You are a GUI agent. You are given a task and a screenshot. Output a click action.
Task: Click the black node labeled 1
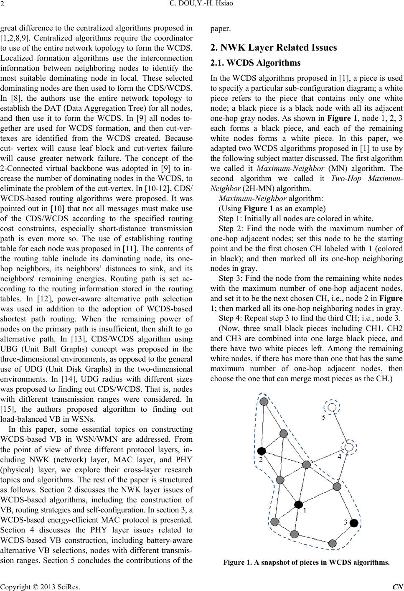point(298,504)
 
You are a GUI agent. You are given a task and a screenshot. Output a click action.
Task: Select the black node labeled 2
point(262,451)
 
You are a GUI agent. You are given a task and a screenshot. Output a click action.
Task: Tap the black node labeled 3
point(353,522)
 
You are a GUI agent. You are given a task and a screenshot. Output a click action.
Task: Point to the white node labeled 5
point(332,407)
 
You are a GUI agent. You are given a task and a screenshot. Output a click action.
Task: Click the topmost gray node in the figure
point(264,402)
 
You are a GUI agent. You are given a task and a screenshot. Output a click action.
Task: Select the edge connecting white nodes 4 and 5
point(340,427)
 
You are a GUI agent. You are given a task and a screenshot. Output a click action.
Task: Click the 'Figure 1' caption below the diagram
point(306,562)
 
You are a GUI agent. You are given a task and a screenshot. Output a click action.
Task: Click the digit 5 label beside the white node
point(324,418)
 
